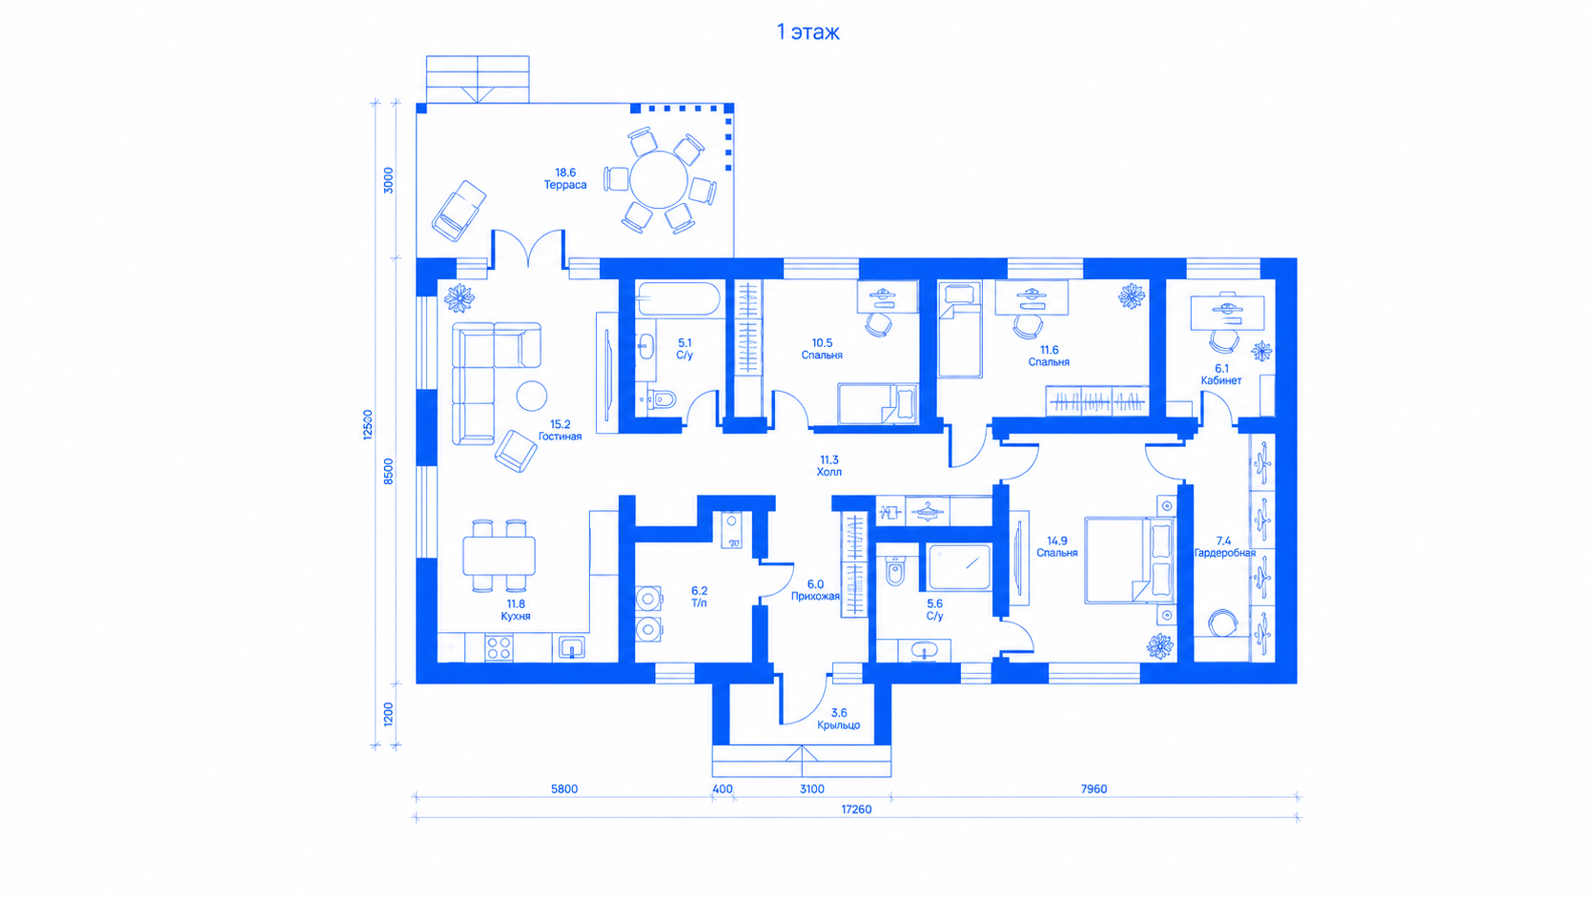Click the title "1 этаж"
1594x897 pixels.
(807, 32)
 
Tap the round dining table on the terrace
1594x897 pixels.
(659, 179)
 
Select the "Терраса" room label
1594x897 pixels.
(565, 185)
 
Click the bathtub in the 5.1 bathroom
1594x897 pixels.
(679, 298)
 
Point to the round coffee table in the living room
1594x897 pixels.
(532, 397)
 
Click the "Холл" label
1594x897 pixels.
(829, 472)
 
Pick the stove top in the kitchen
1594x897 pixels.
(499, 648)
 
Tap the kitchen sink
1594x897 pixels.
(571, 648)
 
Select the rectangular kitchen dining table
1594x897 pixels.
(499, 556)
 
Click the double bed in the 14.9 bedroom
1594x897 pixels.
(1130, 561)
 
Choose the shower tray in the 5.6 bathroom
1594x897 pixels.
(959, 567)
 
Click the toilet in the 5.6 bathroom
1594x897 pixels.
(894, 570)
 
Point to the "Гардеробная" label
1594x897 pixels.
(1224, 553)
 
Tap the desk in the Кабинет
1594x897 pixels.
(1228, 313)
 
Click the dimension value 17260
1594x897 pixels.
(856, 809)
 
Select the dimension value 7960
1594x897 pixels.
(1093, 789)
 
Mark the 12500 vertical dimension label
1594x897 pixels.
(368, 425)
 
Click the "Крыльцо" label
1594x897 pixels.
(838, 724)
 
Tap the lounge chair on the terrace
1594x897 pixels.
(459, 211)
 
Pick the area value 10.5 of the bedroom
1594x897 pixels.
(822, 343)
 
